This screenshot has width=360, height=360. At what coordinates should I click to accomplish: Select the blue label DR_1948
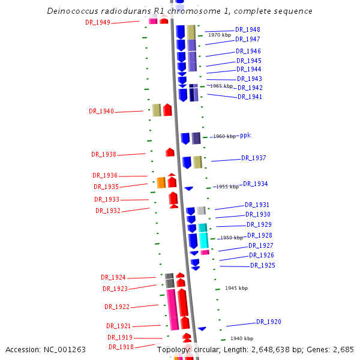tap(247, 29)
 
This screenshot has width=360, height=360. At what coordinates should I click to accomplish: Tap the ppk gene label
tap(245, 136)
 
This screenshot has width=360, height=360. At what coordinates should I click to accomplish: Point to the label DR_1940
tap(101, 111)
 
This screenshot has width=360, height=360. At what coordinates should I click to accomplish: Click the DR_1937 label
tap(253, 158)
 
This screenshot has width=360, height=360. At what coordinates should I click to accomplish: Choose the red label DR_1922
tap(116, 307)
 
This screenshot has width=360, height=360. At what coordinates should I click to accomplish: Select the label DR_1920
tap(268, 322)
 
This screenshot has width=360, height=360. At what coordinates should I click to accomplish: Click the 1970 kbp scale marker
tap(219, 35)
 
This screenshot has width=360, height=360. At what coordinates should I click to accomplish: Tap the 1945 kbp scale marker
tap(236, 288)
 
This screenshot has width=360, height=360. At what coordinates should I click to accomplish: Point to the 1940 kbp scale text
tap(241, 338)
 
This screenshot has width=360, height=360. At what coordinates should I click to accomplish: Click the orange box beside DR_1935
tap(161, 182)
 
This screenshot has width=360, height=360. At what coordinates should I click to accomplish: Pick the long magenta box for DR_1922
tap(172, 309)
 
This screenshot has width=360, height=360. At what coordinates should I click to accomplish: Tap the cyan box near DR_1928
tap(203, 239)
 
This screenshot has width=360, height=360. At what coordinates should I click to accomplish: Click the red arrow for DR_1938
tap(170, 152)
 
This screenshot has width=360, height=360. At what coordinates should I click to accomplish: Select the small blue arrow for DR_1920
tap(202, 328)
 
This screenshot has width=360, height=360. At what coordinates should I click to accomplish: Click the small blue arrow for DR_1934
tap(188, 188)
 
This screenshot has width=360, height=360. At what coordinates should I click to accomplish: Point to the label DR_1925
tap(262, 265)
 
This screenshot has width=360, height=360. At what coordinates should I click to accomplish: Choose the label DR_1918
tap(121, 347)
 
